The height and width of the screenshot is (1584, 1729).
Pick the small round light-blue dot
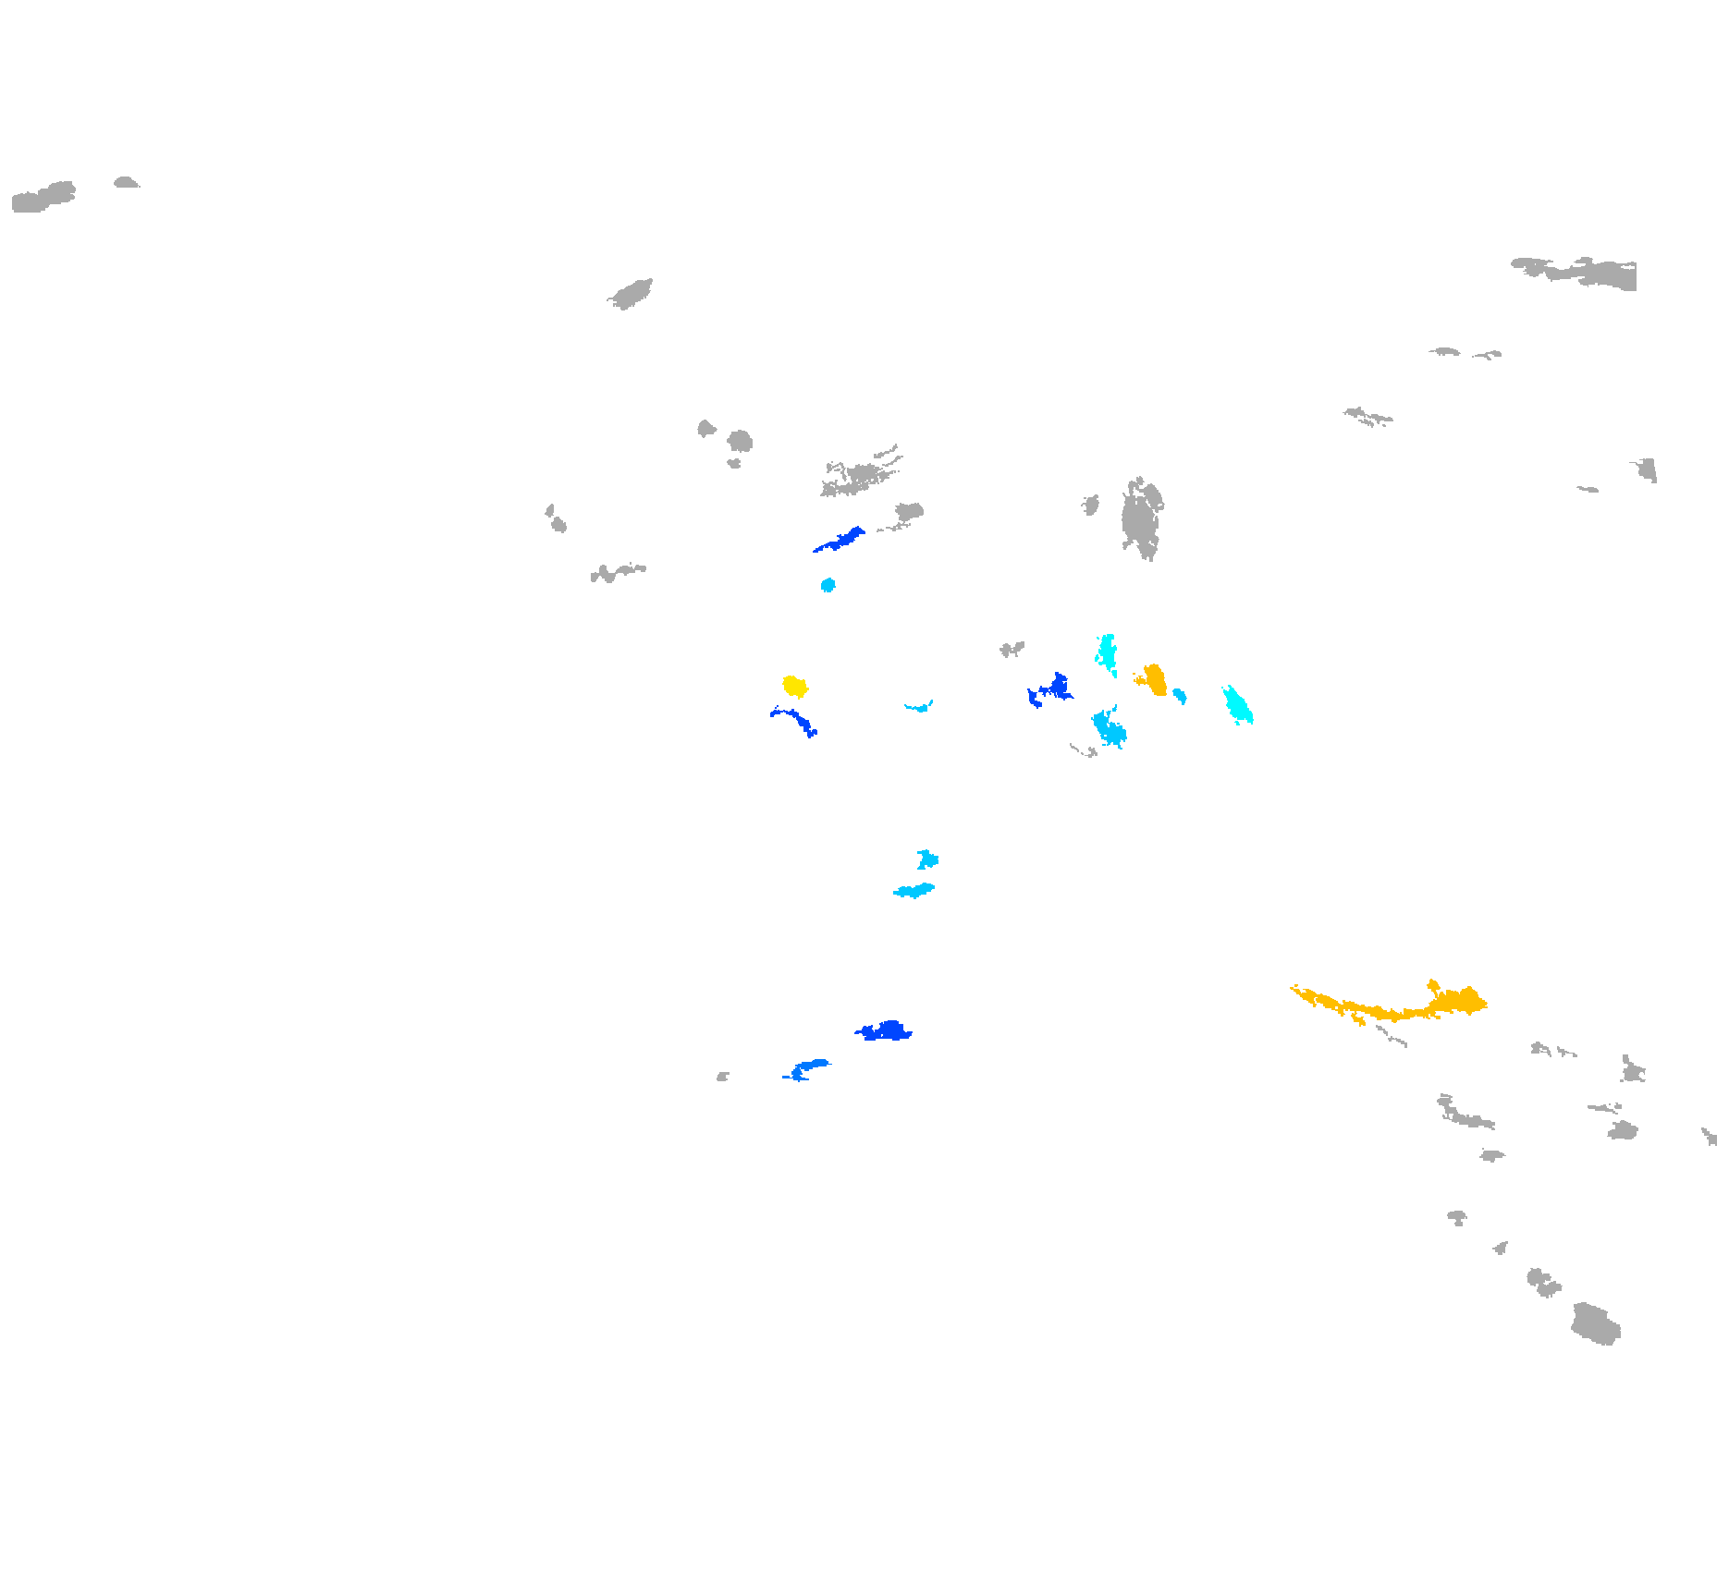click(828, 585)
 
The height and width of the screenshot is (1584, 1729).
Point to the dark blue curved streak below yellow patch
click(795, 719)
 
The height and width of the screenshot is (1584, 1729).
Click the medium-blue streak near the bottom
click(806, 1068)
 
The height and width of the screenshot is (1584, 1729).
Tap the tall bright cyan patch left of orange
click(1106, 652)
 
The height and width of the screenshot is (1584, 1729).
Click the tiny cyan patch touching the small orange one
click(1179, 695)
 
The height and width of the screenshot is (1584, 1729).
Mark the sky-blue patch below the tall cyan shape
click(1109, 729)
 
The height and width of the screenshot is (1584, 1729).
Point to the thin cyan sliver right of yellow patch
click(919, 708)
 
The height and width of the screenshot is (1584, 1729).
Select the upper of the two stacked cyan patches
click(927, 859)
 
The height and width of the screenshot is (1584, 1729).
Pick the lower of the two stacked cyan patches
click(914, 891)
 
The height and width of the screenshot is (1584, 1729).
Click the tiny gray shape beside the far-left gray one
click(126, 183)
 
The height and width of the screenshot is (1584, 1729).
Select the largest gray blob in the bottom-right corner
click(1596, 1324)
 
